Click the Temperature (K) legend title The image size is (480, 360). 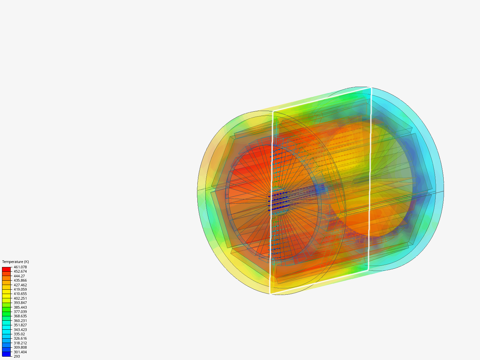click(x=16, y=262)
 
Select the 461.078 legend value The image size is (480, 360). click(x=20, y=267)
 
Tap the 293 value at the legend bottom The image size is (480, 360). click(x=17, y=357)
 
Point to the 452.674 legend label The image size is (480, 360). click(x=20, y=271)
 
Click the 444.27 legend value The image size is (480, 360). click(x=19, y=276)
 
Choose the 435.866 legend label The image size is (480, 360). click(x=20, y=280)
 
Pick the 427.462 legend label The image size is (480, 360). click(x=20, y=285)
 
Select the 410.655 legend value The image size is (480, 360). click(x=20, y=294)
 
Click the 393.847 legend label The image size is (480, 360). click(x=20, y=303)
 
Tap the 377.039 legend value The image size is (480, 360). click(x=20, y=312)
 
